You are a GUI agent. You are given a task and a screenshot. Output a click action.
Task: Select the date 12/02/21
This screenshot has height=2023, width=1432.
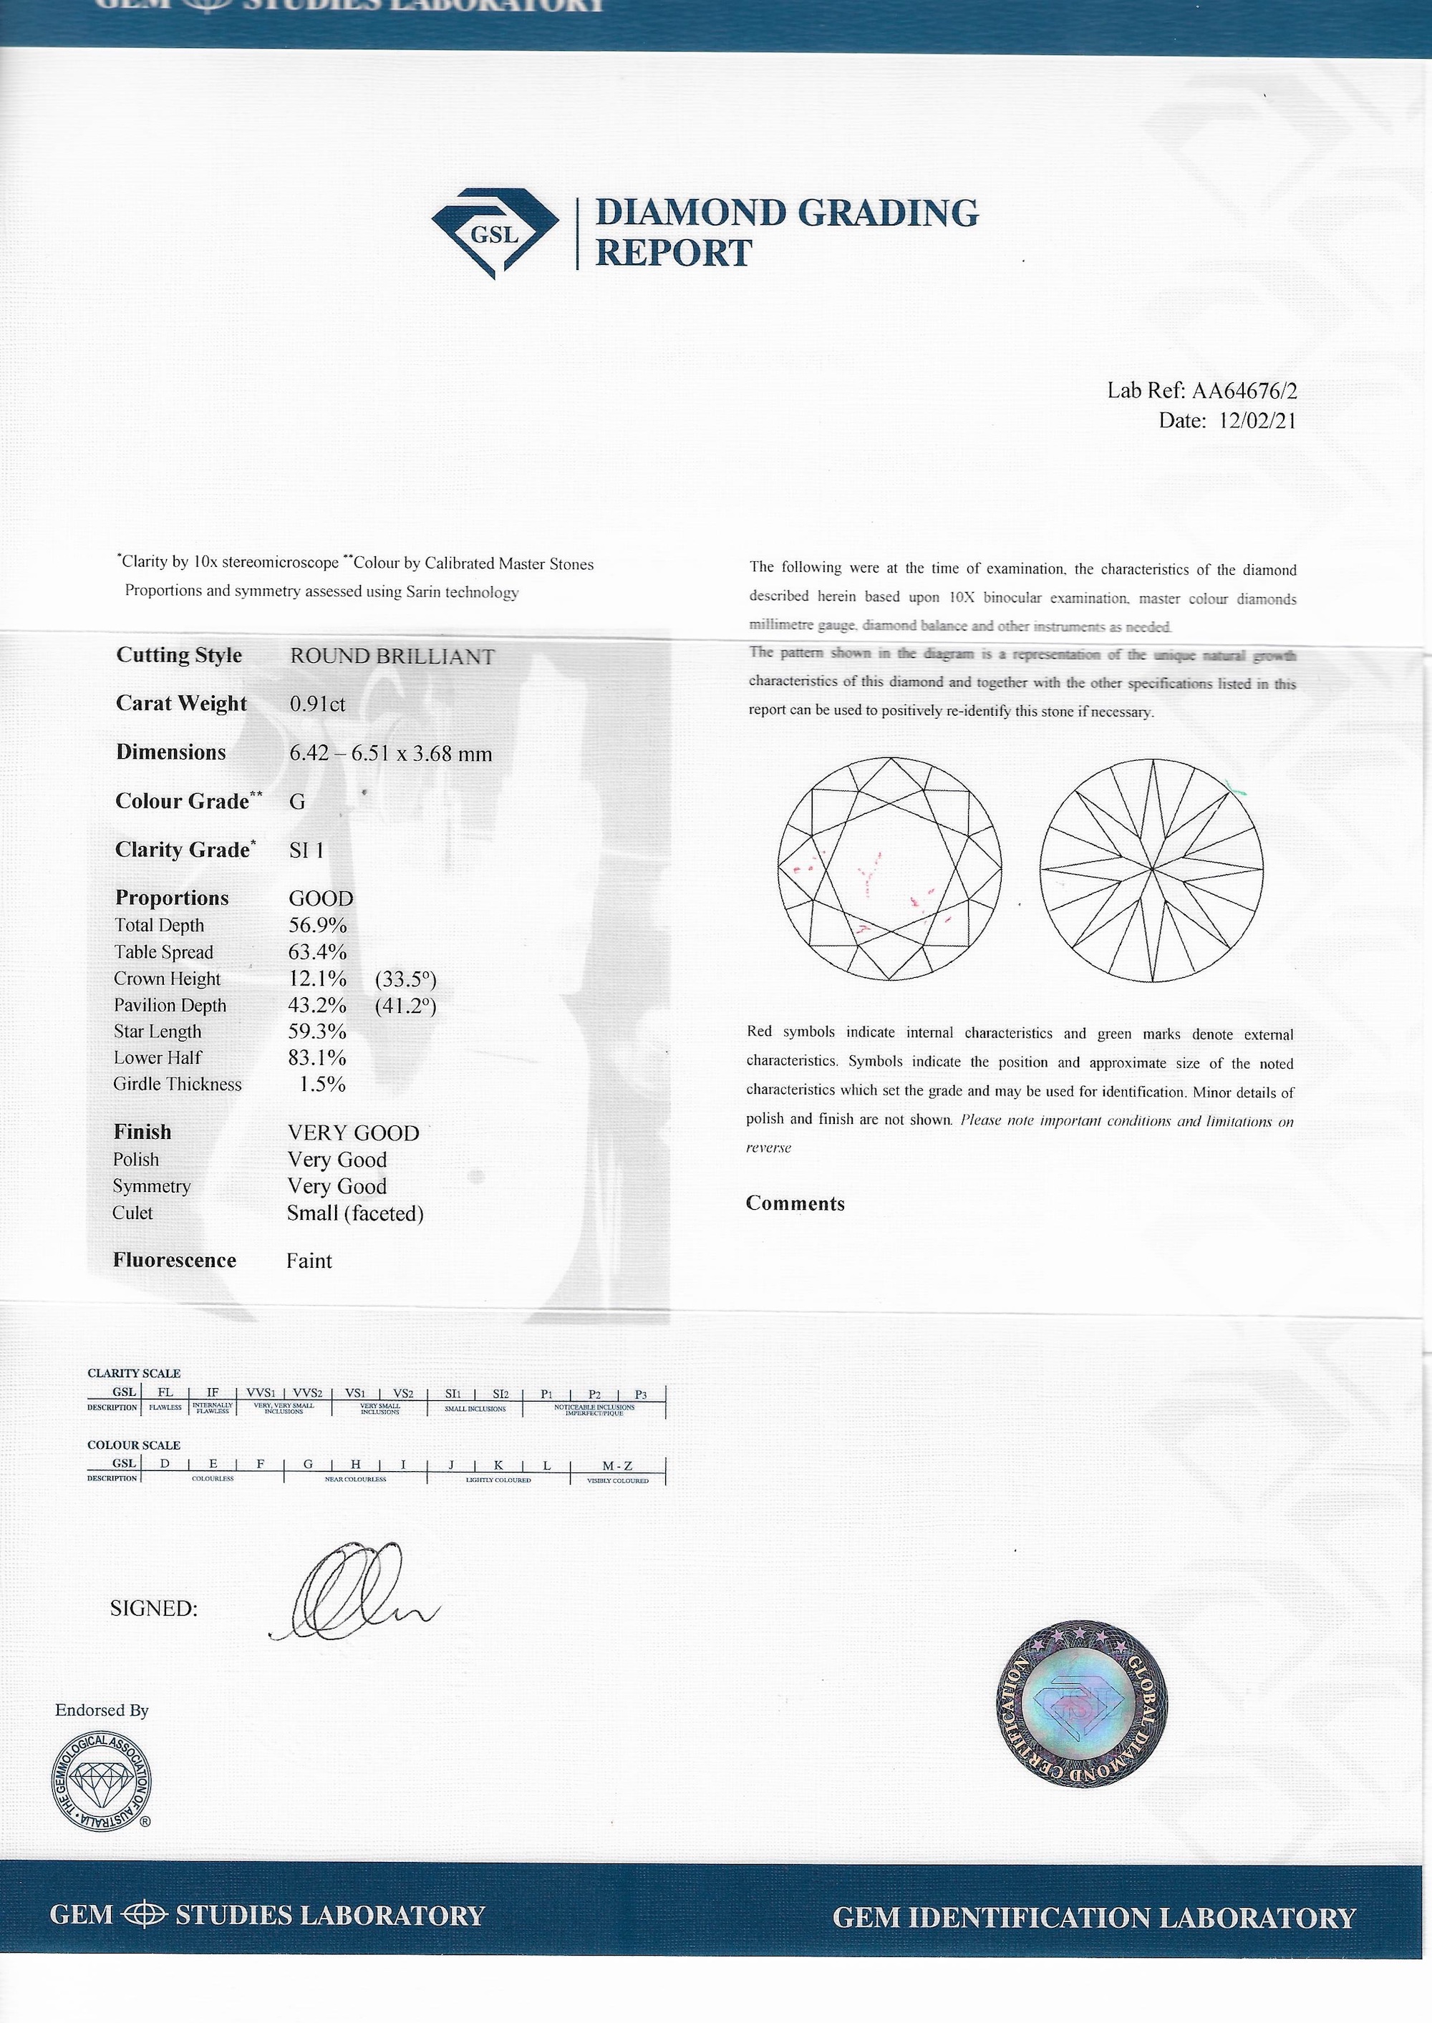[1257, 422]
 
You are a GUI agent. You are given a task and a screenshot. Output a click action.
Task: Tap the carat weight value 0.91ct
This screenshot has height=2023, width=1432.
[317, 704]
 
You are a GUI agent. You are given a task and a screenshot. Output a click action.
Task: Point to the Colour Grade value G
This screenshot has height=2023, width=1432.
[297, 801]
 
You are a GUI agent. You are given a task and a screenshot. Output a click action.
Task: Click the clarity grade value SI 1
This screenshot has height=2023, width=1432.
[307, 850]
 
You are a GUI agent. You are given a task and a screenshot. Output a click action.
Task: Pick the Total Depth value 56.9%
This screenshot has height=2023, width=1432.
[317, 926]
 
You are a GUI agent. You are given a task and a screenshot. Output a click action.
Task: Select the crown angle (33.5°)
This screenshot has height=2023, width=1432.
[406, 979]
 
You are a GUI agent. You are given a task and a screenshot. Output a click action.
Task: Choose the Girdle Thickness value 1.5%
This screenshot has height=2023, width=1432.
[322, 1085]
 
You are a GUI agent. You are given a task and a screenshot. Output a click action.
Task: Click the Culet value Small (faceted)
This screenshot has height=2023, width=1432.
[355, 1214]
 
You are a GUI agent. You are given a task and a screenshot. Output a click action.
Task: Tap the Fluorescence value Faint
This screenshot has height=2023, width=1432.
[309, 1261]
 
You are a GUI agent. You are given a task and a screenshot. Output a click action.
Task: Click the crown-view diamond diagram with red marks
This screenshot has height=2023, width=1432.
[891, 870]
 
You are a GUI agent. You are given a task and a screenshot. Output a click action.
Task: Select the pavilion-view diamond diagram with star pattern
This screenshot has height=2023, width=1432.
[1151, 870]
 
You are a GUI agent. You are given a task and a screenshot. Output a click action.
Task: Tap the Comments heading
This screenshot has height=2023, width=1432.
[795, 1204]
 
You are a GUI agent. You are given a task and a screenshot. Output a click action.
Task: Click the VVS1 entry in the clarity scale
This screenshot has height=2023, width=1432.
[259, 1394]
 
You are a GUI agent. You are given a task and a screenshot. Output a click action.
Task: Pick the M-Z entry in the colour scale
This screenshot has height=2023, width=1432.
[617, 1466]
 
